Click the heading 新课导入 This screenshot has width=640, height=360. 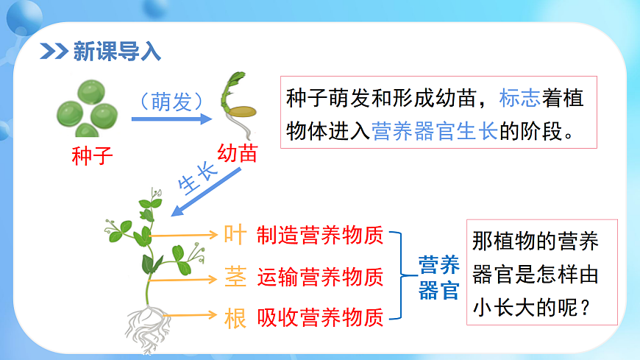point(117,52)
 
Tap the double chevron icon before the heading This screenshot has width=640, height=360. point(54,52)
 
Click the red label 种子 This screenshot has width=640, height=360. point(93,157)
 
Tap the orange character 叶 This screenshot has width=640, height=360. point(235,235)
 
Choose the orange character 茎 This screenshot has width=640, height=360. point(235,277)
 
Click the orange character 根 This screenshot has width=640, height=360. point(235,318)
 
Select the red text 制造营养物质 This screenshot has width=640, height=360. point(320,236)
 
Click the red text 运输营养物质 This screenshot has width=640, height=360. point(320,277)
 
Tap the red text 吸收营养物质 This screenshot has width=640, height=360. point(320,318)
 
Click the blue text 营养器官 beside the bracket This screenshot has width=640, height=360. point(438,277)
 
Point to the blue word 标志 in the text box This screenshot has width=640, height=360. point(520,98)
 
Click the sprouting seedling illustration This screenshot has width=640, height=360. point(238,103)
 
